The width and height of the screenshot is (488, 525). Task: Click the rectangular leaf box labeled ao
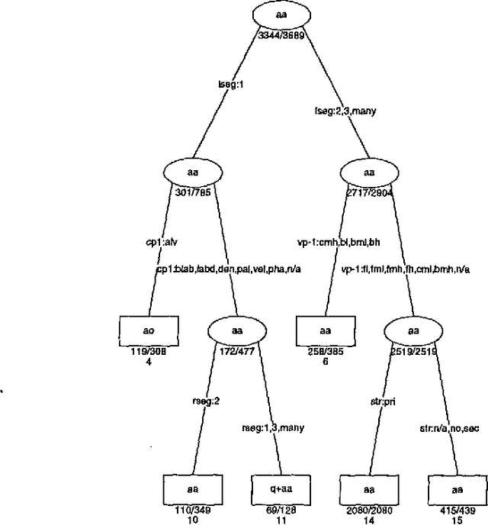148,330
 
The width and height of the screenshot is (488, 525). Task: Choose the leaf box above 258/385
326,330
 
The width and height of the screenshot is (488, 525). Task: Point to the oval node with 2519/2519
413,330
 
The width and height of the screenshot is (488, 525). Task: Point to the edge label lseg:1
230,85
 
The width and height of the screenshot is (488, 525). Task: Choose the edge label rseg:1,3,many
272,428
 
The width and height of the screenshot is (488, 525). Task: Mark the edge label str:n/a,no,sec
448,428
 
